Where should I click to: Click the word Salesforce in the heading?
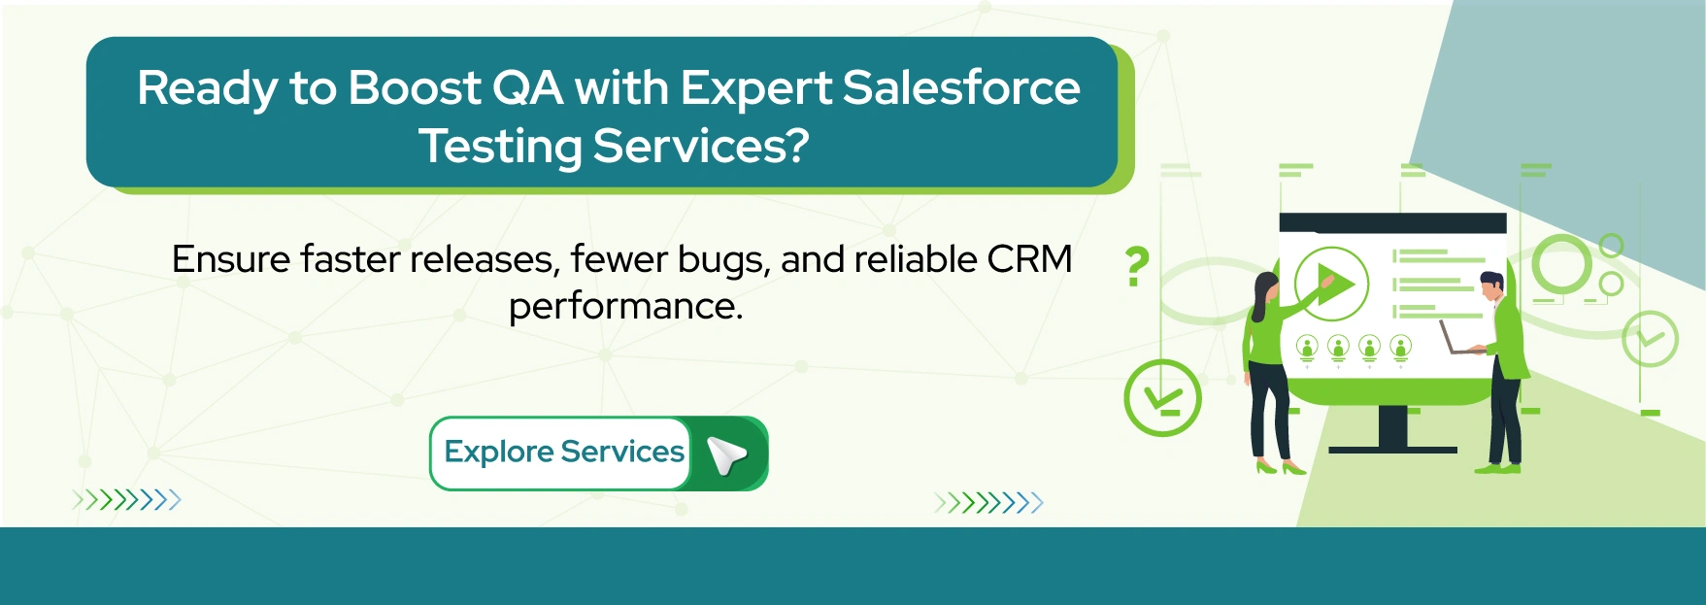coord(960,87)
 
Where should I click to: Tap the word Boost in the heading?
coord(414,87)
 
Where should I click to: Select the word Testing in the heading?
coord(499,147)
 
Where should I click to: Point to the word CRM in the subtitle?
coord(1029,259)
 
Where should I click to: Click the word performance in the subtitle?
coord(625,306)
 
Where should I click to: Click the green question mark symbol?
coord(1137,266)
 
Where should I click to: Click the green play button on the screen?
coord(1331,285)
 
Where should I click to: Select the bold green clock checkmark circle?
coord(1162,397)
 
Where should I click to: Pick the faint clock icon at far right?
coord(1650,338)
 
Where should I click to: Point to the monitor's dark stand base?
coord(1392,449)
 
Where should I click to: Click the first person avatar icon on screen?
coord(1307,347)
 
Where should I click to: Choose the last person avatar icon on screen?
coord(1400,347)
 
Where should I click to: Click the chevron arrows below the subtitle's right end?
coord(988,502)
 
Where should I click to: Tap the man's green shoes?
coord(1496,469)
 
